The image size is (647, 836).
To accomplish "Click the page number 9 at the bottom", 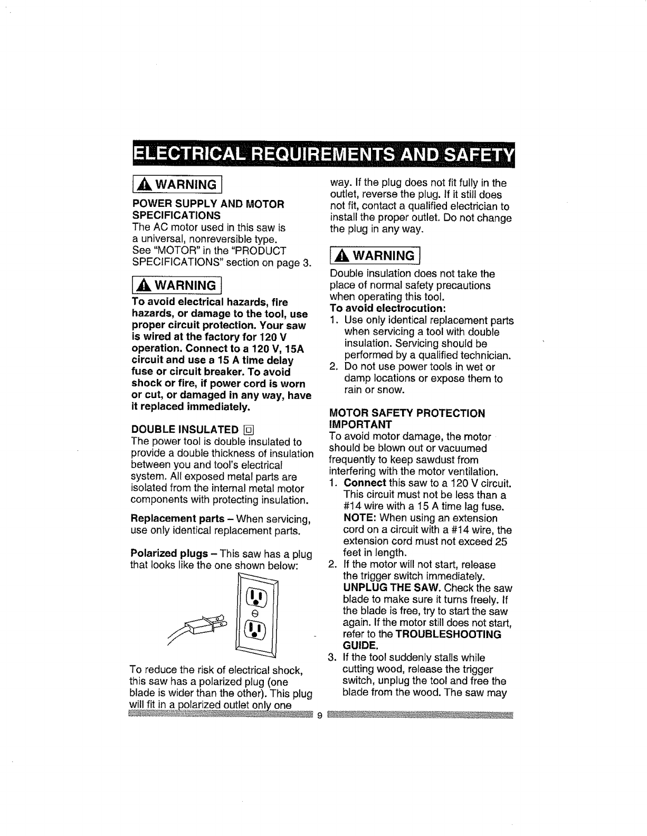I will (x=319, y=716).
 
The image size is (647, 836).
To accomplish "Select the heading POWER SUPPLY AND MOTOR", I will (x=208, y=204).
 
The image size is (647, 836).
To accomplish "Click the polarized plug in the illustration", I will (x=206, y=624).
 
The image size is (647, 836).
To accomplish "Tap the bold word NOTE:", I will (x=360, y=518).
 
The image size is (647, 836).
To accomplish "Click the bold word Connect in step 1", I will (x=365, y=483).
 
